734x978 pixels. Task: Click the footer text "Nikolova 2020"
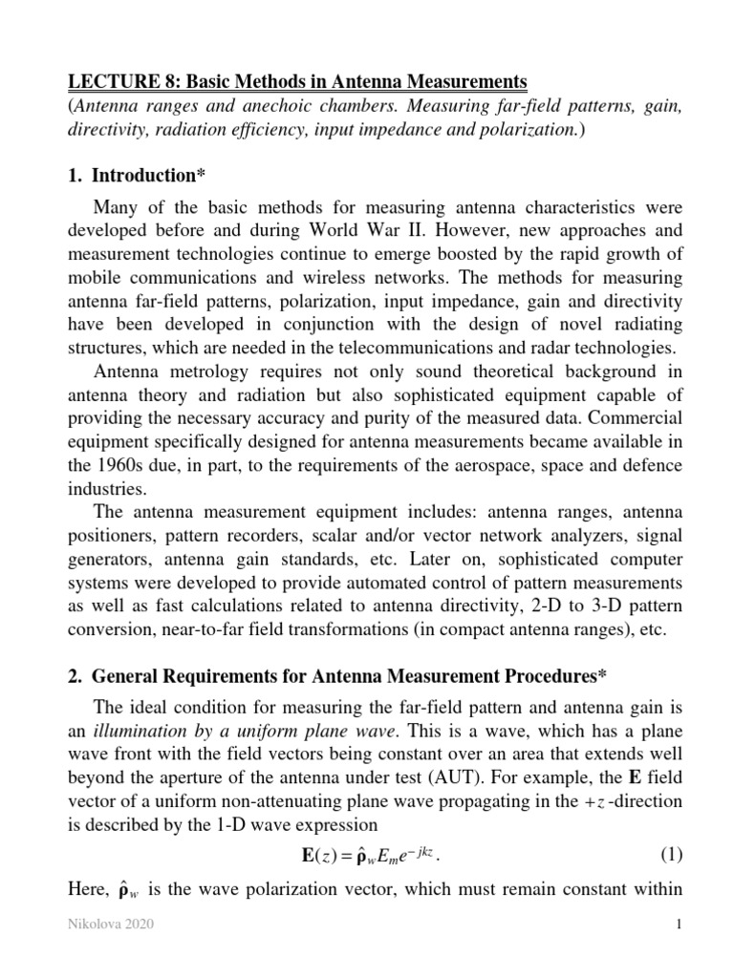click(x=97, y=952)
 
